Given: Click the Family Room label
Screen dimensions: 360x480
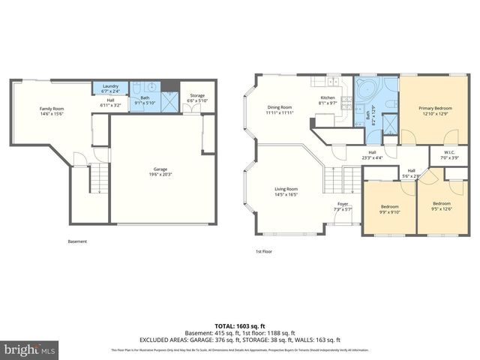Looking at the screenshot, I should click(x=51, y=112).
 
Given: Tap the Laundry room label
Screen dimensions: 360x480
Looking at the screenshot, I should click(x=110, y=87).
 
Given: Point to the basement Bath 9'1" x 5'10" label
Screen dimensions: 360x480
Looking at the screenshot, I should click(x=144, y=100).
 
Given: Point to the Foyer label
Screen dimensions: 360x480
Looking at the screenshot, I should click(x=343, y=205).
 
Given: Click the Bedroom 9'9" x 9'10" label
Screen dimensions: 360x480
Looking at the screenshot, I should click(x=389, y=209).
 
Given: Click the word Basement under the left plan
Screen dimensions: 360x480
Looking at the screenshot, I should click(x=77, y=241).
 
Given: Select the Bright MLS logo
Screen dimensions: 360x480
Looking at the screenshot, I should click(x=30, y=349).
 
